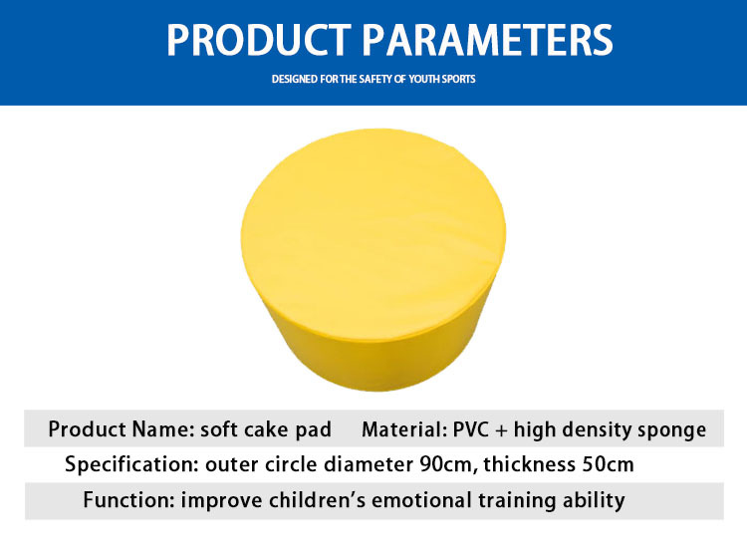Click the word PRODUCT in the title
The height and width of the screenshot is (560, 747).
pos(259,40)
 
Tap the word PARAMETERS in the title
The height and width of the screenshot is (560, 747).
pos(488,40)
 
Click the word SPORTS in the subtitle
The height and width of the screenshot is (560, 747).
pos(458,79)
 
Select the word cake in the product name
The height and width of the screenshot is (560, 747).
pos(266,429)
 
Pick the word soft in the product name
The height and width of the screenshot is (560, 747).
pos(219,429)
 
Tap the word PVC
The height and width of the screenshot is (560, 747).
pos(471,429)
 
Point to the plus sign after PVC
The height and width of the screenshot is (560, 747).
pos(501,430)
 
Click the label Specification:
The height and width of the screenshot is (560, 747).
pos(131,464)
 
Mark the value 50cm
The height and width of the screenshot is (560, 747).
pos(608,464)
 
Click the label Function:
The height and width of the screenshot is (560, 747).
pos(129,500)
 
